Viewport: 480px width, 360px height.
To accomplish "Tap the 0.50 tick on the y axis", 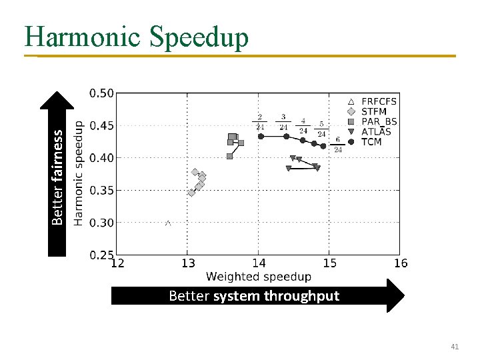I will tap(102, 93).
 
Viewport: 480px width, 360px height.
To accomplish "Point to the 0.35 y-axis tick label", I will tap(102, 191).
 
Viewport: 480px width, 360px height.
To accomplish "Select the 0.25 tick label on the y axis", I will tap(102, 255).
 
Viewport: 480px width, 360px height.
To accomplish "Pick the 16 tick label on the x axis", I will tap(400, 263).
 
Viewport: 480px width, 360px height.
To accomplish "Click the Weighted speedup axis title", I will tap(259, 277).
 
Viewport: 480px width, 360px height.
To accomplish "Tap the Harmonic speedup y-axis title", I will tap(79, 173).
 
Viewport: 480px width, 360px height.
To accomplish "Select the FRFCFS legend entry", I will tap(378, 101).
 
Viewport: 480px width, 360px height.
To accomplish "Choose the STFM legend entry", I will tap(373, 111).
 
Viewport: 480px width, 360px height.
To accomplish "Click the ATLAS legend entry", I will tap(376, 131).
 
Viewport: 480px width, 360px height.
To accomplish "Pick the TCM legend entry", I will tap(371, 141).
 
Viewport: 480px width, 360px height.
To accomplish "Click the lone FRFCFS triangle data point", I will tap(168, 223).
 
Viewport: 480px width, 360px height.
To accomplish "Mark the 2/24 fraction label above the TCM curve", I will tap(260, 122).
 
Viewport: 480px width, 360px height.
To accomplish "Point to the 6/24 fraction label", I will tap(338, 145).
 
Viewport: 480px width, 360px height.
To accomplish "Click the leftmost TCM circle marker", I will tap(261, 136).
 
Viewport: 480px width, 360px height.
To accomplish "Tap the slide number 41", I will tap(455, 347).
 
